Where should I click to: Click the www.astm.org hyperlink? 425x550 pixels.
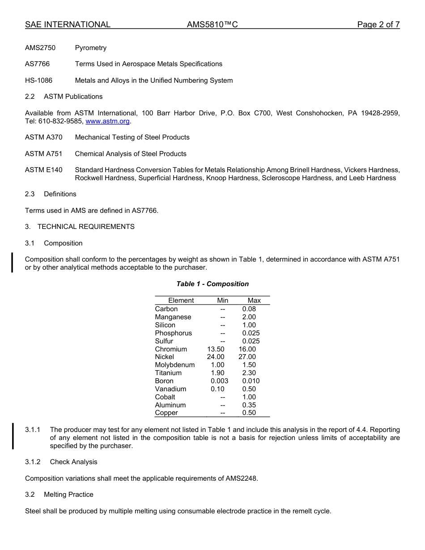pyautogui.click(x=107, y=121)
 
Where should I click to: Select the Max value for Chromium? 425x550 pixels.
pyautogui.click(x=247, y=349)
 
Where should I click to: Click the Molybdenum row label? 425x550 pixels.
pyautogui.click(x=175, y=365)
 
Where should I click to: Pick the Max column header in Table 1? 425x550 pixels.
pyautogui.click(x=254, y=300)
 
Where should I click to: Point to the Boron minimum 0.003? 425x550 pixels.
pyautogui.click(x=219, y=381)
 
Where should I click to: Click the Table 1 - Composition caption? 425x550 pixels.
pyautogui.click(x=212, y=284)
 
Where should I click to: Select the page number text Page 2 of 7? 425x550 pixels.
pyautogui.click(x=378, y=25)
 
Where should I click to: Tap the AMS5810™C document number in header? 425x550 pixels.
pyautogui.click(x=212, y=25)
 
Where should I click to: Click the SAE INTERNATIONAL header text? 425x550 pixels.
pyautogui.click(x=68, y=25)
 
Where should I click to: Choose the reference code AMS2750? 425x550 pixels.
pyautogui.click(x=40, y=48)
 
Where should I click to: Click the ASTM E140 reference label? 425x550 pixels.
pyautogui.click(x=44, y=170)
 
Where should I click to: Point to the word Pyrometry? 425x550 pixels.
pyautogui.click(x=91, y=48)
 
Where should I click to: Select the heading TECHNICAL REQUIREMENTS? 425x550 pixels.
pyautogui.click(x=86, y=227)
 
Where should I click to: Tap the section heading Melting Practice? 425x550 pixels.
pyautogui.click(x=68, y=495)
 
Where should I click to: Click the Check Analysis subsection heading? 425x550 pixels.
pyautogui.click(x=73, y=462)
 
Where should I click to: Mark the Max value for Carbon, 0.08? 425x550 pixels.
pyautogui.click(x=249, y=309)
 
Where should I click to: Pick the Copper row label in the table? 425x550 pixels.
pyautogui.click(x=166, y=413)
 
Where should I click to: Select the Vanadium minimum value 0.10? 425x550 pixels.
pyautogui.click(x=217, y=389)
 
